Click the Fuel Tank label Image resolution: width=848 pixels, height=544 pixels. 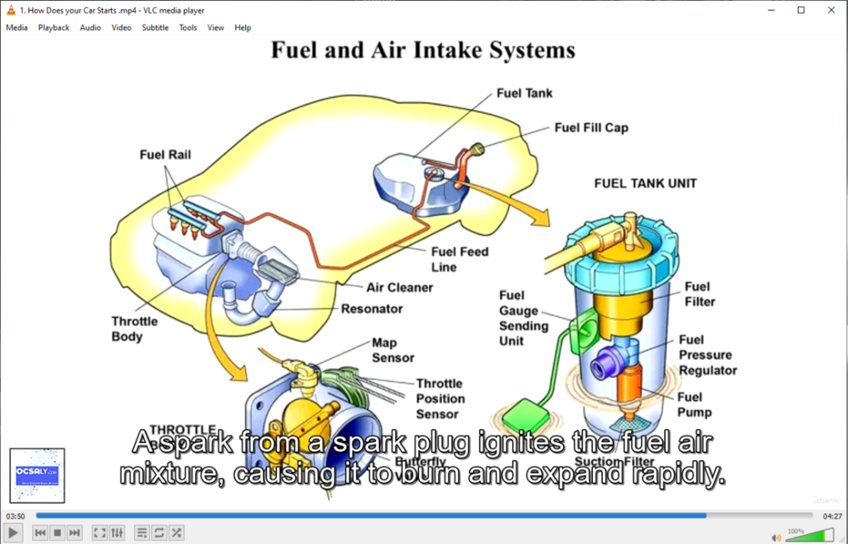[x=524, y=93]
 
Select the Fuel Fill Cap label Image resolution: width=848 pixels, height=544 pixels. [x=591, y=128]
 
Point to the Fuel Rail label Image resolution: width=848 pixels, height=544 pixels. [x=165, y=155]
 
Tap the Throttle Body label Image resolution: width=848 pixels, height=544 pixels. [x=134, y=329]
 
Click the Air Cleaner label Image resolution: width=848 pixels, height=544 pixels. [x=399, y=287]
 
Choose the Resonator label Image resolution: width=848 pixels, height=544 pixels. [x=371, y=308]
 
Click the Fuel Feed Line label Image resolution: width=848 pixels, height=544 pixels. [x=460, y=259]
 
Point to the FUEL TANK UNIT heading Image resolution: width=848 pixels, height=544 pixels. [x=645, y=183]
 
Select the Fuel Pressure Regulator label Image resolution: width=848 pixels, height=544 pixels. [x=707, y=355]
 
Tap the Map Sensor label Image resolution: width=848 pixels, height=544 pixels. [x=393, y=350]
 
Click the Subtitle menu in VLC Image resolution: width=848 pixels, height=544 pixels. [x=155, y=28]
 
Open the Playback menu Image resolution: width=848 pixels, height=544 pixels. [x=53, y=28]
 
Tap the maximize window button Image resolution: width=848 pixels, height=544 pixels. [x=801, y=10]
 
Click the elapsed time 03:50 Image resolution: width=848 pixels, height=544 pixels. [x=15, y=515]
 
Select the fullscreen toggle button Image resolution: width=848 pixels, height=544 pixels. [x=99, y=532]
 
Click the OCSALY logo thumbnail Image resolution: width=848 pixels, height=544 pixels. [x=37, y=475]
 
